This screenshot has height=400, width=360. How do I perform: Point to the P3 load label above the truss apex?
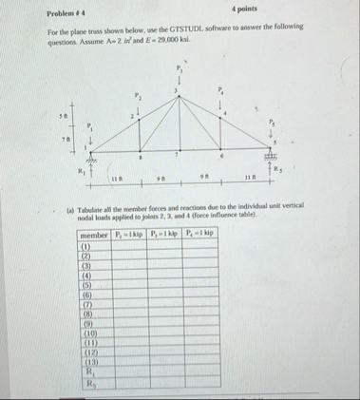coord(178,67)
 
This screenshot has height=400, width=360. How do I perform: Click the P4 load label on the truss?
coord(219,91)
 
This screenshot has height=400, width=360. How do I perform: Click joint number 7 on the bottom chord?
coord(179,155)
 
